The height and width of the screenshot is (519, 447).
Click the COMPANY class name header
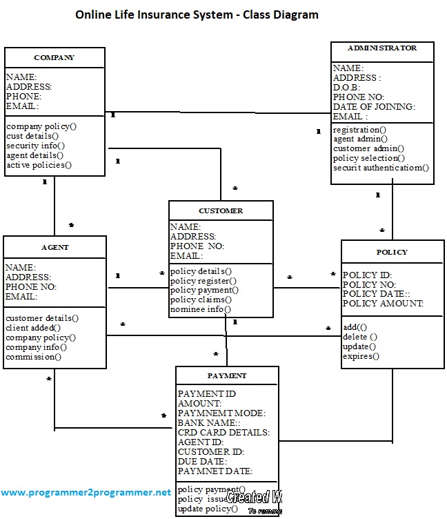click(x=54, y=57)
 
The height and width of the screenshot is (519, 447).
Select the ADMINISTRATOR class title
click(x=382, y=48)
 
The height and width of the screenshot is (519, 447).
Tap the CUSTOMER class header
click(x=221, y=210)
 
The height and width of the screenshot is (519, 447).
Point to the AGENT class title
click(x=55, y=247)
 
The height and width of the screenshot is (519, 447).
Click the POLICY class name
click(x=392, y=252)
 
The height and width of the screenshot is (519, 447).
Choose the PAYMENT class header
click(x=227, y=375)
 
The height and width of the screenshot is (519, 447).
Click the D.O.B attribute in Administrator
click(x=348, y=88)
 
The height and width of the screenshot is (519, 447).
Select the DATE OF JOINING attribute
click(x=374, y=107)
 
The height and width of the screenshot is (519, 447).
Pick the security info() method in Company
click(x=35, y=146)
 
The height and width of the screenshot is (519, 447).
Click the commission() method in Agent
click(x=34, y=357)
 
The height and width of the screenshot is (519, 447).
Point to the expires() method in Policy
click(x=361, y=356)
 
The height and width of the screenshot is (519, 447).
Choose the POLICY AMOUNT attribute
click(x=383, y=304)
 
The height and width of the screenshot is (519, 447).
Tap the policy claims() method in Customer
click(x=201, y=300)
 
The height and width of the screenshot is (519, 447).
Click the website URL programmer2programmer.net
click(x=86, y=493)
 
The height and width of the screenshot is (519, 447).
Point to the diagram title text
click(x=197, y=14)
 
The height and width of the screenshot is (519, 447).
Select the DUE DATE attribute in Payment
click(x=202, y=461)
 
